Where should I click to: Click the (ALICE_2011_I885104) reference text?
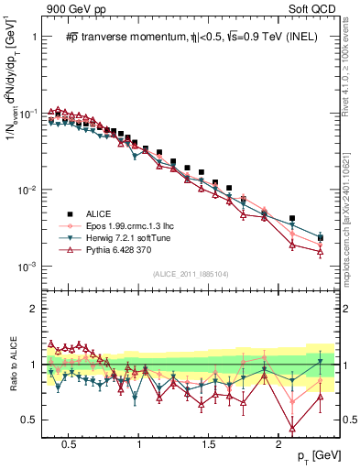click(x=190, y=274)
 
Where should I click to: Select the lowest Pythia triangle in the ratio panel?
click(x=292, y=428)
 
